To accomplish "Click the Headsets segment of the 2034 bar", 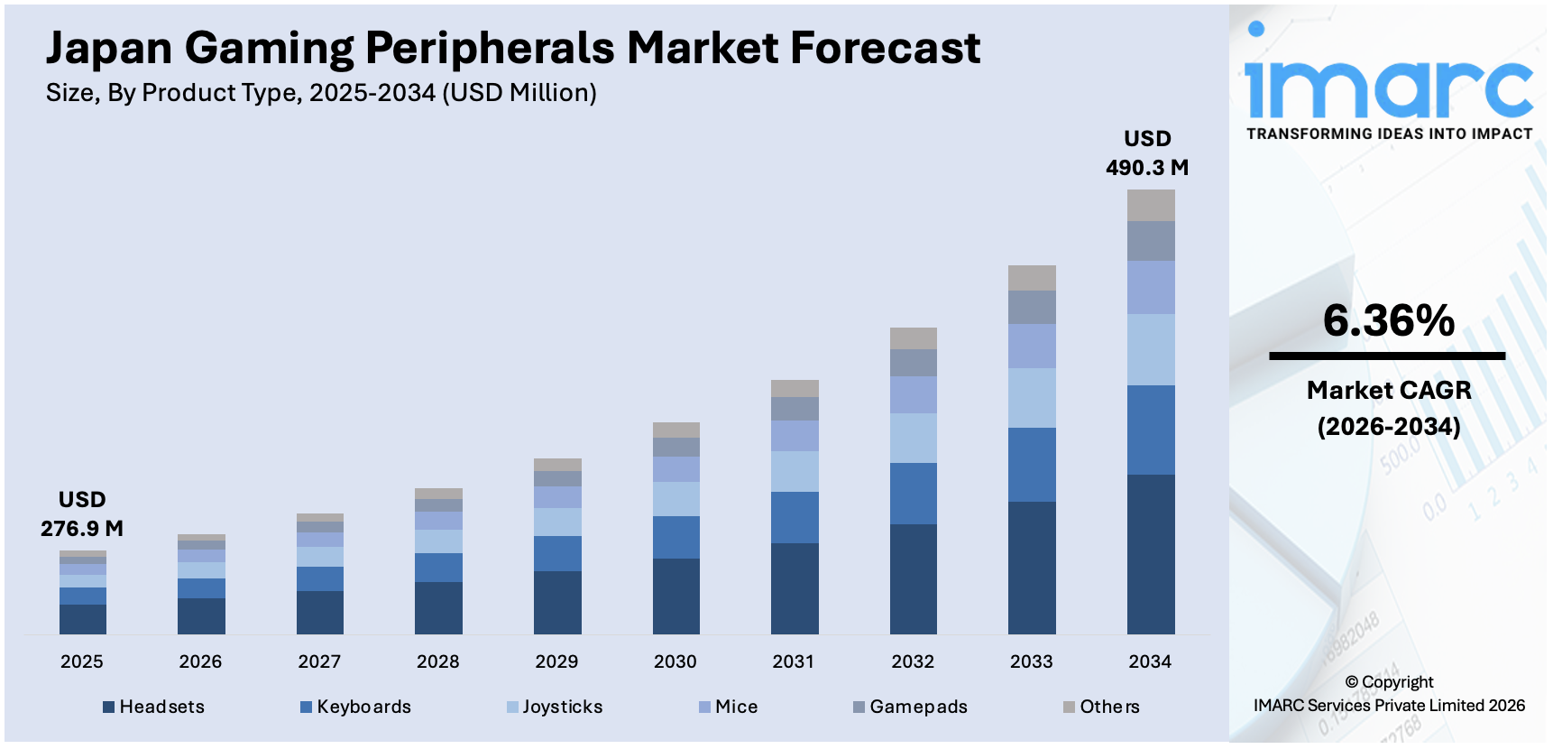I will (x=1151, y=553).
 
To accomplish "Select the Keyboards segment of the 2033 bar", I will (x=1032, y=464).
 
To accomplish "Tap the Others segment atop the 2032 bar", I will (x=913, y=338).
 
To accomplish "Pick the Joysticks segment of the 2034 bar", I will (x=1151, y=349).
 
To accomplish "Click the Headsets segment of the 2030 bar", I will (x=675, y=596).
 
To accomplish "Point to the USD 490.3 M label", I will (x=1147, y=153).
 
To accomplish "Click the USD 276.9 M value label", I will (x=82, y=514).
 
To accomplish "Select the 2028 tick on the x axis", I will (x=437, y=661).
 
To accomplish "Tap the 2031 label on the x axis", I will (x=794, y=661).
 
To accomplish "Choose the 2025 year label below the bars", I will (x=82, y=661).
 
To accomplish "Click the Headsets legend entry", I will (x=154, y=707).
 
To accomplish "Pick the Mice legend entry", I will (x=729, y=707).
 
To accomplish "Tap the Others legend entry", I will (x=1101, y=707).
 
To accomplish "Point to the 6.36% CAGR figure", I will (x=1388, y=320).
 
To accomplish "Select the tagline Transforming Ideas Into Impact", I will (x=1389, y=134).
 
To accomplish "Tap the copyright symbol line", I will (x=1389, y=682).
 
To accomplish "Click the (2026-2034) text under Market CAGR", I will (x=1389, y=426).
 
